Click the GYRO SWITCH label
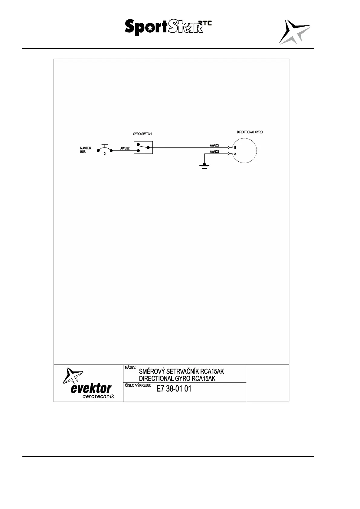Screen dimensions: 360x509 point(142,134)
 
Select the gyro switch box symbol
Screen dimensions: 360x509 point(143,148)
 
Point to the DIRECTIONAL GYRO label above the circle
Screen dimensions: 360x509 point(250,132)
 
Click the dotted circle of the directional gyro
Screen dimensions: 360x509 point(244,150)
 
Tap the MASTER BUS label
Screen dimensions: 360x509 point(85,150)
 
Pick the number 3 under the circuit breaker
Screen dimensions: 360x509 point(105,154)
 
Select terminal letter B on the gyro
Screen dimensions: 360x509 point(235,148)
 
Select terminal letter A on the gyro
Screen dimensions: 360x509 point(235,154)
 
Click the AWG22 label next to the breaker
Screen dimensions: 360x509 point(125,148)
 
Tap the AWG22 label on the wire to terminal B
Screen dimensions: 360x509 point(214,145)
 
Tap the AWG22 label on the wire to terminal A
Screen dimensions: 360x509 point(214,151)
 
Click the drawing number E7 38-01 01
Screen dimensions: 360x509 point(174,389)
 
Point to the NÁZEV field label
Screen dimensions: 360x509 point(130,368)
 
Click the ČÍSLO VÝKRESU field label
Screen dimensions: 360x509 point(138,385)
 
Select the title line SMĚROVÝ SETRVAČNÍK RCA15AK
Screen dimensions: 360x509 point(181,371)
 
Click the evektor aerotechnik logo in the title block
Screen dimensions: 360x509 point(88,383)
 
